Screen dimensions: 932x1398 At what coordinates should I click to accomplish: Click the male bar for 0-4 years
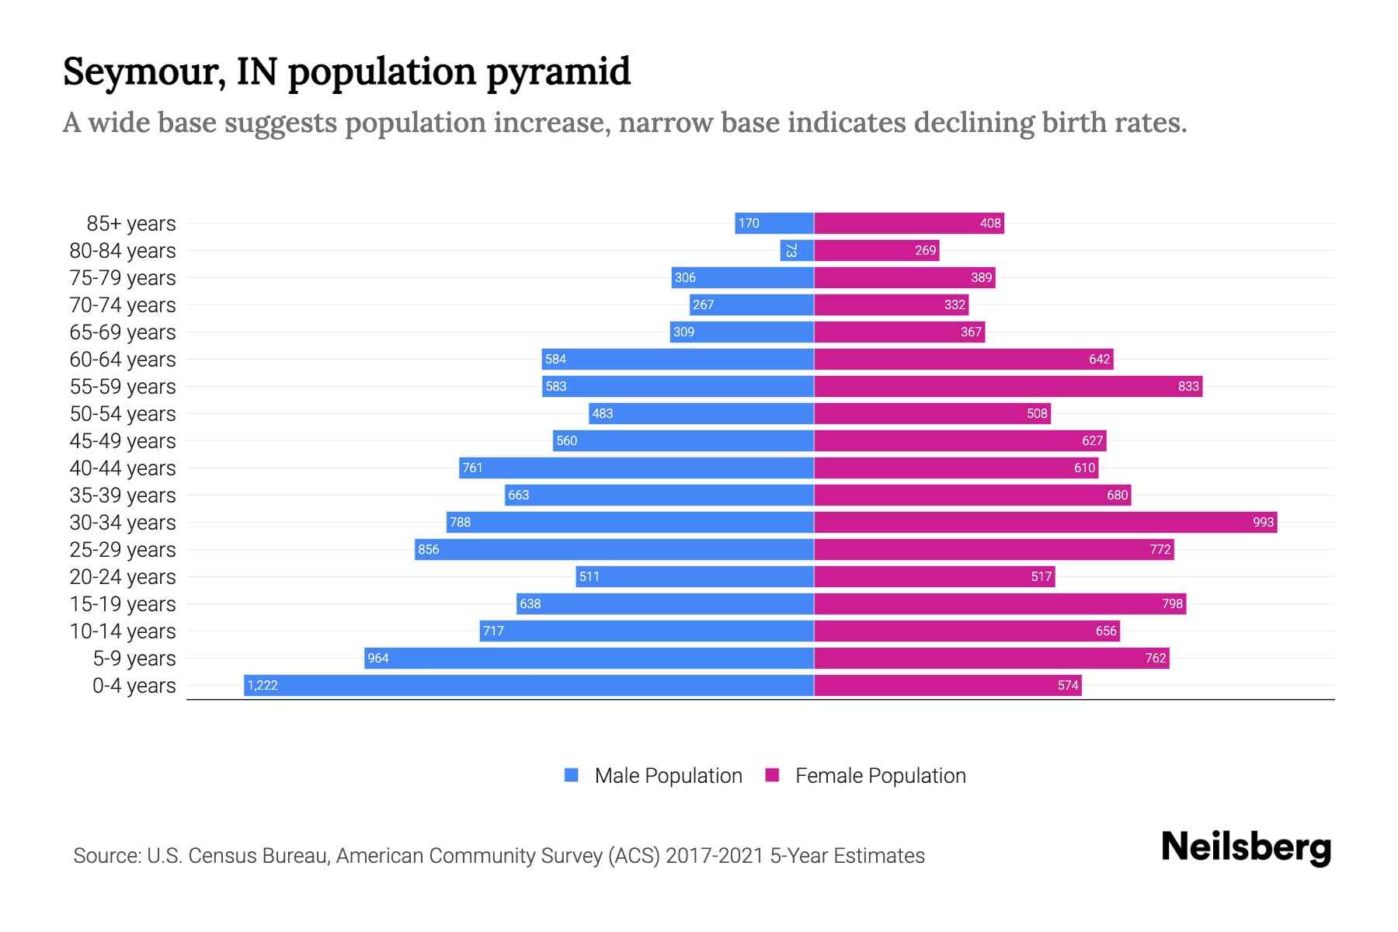pos(528,685)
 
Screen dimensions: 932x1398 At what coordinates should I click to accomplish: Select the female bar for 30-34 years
pos(1045,522)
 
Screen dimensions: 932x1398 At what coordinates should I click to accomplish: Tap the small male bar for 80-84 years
pos(797,250)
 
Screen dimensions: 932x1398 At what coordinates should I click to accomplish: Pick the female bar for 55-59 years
pos(1007,386)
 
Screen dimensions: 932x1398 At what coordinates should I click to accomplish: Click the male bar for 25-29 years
pos(614,549)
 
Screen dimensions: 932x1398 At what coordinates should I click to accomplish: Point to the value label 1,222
pos(263,685)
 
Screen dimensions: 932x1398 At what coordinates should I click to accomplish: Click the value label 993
pos(1263,522)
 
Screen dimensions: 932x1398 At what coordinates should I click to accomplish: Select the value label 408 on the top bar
pos(989,223)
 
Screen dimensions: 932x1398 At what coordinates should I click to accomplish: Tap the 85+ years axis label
pos(131,224)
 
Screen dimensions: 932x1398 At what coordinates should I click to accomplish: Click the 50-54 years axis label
pos(123,414)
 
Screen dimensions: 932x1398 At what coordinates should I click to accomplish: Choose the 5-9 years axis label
pos(134,659)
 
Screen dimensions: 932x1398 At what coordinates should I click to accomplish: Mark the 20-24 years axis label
pos(123,577)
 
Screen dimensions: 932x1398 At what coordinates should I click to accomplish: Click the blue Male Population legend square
pos(572,775)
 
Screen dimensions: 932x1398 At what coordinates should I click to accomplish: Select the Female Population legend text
pos(880,775)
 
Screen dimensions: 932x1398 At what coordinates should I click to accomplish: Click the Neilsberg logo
pos(1246,847)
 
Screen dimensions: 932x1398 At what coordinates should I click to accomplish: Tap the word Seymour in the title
pos(144,72)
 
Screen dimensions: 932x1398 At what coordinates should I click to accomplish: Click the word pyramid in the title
pos(558,72)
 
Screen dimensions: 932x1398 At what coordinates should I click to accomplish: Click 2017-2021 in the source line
pos(715,856)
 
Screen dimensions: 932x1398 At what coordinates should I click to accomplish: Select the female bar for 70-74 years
pos(891,304)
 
